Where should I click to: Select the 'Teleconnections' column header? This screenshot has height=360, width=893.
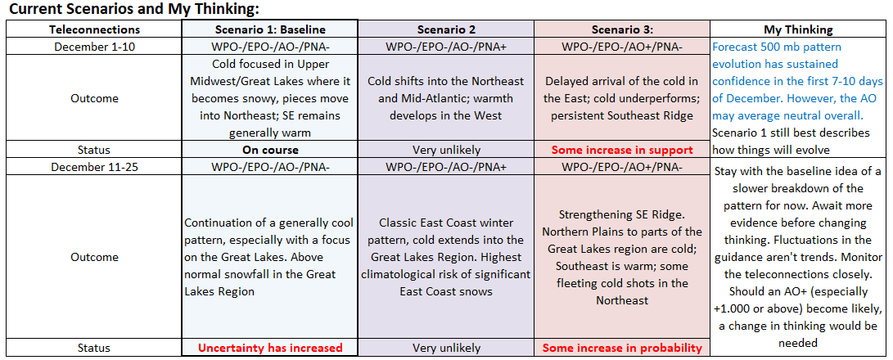pos(95,29)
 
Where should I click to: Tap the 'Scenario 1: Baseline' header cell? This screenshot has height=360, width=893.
pos(270,29)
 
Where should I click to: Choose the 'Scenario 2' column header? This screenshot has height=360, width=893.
pos(446,29)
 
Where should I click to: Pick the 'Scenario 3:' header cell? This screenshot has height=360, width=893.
pos(622,29)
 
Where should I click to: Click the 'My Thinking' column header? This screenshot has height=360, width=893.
pos(798,29)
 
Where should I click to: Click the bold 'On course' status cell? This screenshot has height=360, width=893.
pos(270,151)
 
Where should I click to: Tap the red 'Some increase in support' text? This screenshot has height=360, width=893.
pos(622,151)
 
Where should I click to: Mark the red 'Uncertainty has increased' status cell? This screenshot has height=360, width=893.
pos(270,348)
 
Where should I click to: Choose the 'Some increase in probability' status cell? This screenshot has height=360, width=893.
pos(622,348)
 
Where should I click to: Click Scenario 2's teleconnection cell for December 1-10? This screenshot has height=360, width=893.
pos(446,47)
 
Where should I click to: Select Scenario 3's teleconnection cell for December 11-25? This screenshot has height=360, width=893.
pos(622,167)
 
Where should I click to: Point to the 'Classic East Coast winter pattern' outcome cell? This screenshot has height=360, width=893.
pos(446,257)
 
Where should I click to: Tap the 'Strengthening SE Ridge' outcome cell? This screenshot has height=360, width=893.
pos(622,257)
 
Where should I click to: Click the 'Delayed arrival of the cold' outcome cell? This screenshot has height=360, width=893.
pos(622,98)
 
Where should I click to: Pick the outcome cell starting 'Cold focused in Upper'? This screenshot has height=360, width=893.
pos(270,98)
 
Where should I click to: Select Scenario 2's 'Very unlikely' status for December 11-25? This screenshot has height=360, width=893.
pos(446,348)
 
